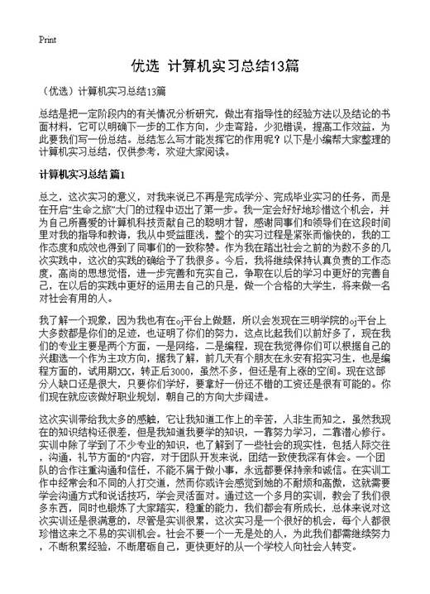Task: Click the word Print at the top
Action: coord(47,40)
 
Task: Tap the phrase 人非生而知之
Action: coord(299,419)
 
